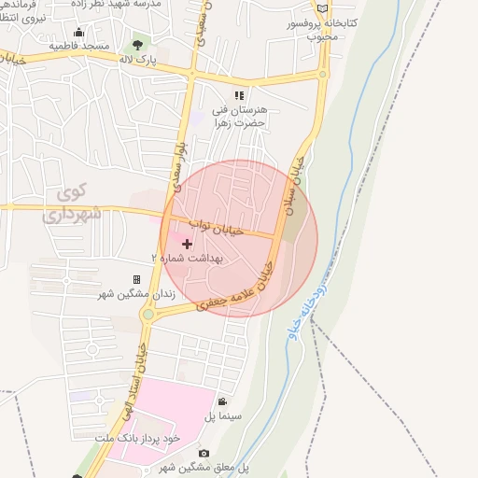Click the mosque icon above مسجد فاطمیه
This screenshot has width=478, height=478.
point(78,33)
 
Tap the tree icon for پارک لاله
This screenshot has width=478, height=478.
point(139,43)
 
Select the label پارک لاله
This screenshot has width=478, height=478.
point(135,59)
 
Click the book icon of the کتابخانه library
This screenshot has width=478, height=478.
point(322,8)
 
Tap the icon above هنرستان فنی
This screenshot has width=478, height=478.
point(239,95)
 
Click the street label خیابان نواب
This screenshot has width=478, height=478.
point(217,227)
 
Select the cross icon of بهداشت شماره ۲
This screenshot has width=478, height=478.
point(187,244)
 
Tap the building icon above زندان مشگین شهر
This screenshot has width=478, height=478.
point(136,279)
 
